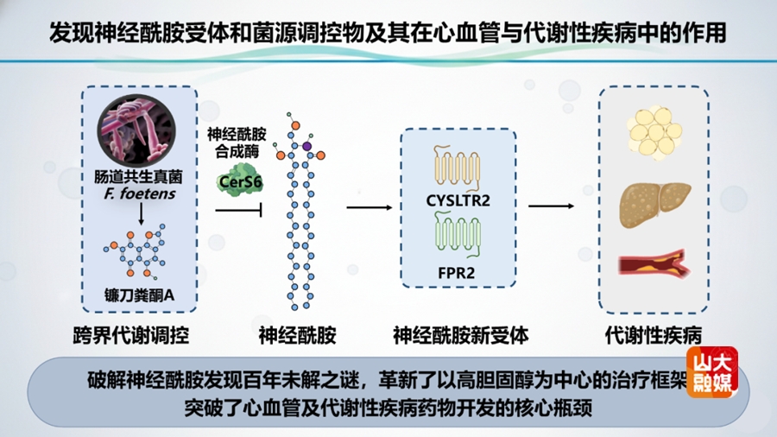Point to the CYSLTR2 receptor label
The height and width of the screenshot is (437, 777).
click(x=458, y=201)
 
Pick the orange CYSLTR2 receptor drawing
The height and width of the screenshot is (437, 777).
click(x=458, y=166)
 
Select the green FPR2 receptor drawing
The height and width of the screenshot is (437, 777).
click(x=458, y=237)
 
